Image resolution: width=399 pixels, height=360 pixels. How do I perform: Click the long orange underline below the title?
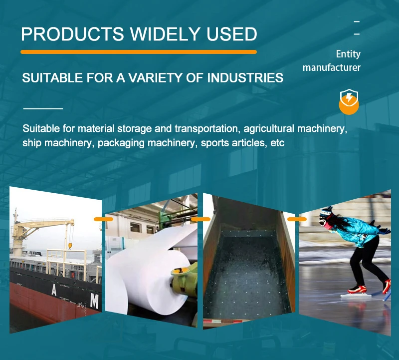tap(138, 51)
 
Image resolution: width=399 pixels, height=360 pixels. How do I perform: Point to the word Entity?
tap(348, 54)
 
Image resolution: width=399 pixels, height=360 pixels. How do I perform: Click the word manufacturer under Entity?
tap(331, 67)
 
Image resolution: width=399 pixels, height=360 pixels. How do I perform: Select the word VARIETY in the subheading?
tap(151, 78)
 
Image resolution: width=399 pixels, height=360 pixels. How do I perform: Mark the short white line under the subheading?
tap(43, 108)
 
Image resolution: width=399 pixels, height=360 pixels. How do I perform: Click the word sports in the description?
tap(216, 143)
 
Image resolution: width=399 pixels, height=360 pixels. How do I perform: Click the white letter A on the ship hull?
tap(53, 290)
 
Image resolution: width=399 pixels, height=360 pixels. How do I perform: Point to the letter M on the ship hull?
tap(94, 301)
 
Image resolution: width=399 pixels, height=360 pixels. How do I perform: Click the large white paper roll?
tap(145, 280)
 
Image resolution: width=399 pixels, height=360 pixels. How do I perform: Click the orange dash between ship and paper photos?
tap(103, 219)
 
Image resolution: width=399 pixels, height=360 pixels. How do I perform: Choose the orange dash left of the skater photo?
tap(297, 219)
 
